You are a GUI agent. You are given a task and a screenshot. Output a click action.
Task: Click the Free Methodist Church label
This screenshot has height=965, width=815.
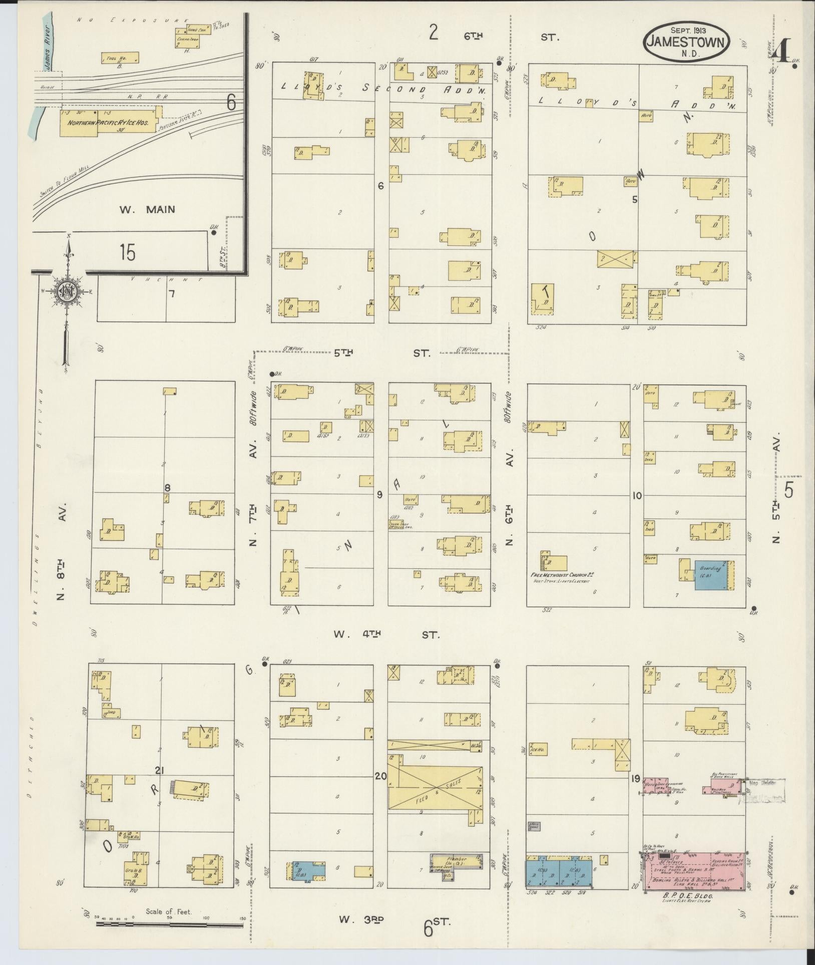tap(562, 575)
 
